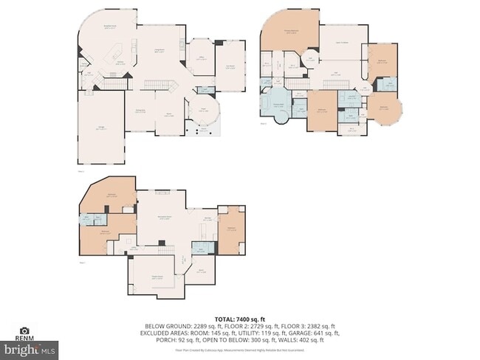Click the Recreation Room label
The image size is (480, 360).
click(165, 218)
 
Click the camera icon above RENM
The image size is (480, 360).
click(24, 330)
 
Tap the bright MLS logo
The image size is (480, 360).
click(30, 347)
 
